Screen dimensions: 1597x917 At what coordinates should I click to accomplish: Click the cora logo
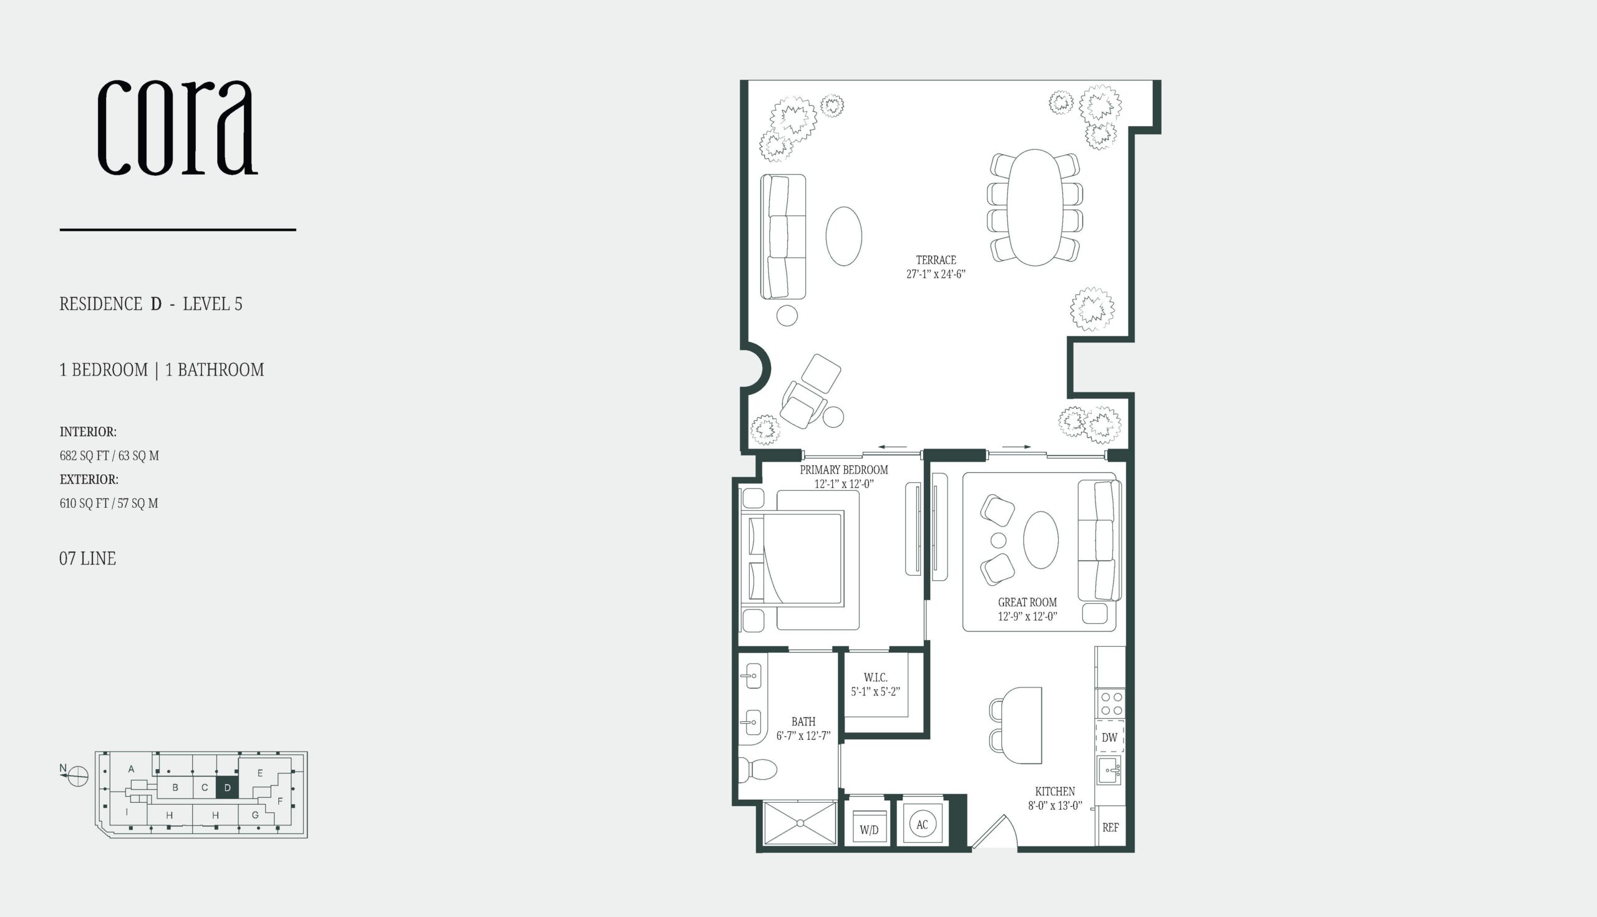178,128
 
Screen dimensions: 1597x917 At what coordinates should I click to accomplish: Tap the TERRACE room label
936,260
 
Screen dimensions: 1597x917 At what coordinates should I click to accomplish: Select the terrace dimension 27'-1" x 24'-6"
936,274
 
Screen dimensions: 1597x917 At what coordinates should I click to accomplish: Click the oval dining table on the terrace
1036,207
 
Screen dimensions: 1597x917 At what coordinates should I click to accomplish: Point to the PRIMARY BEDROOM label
844,470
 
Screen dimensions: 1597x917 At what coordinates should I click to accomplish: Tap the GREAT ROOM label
1027,602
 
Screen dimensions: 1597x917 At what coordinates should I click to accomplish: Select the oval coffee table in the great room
1041,540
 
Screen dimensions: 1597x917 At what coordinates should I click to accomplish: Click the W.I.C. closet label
875,677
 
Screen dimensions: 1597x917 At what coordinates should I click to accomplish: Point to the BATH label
803,722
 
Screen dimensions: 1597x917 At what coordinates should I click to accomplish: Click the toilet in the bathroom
757,769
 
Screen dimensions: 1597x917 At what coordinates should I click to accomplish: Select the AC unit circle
922,825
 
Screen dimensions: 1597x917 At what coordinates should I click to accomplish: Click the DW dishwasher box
1110,737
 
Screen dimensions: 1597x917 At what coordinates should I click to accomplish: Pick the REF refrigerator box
1110,828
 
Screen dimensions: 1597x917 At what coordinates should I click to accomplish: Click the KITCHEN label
1055,792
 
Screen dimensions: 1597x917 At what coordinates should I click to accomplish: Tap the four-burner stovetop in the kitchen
1110,704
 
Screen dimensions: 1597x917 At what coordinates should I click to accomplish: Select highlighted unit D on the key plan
227,787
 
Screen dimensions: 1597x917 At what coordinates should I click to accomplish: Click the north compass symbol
77,776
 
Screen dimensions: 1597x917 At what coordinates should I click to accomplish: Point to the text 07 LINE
87,559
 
